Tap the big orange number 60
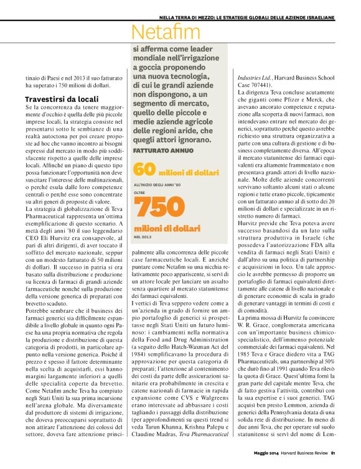[x=144, y=169]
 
